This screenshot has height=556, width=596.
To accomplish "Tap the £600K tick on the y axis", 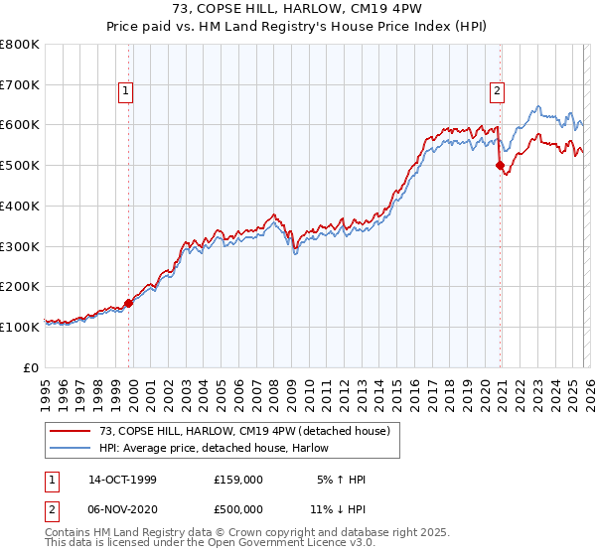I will click(20, 125).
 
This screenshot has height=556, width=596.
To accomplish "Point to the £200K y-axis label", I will click(20, 286).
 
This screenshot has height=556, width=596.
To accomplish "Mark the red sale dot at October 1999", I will click(129, 303).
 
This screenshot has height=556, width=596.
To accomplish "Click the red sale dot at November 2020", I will click(501, 166).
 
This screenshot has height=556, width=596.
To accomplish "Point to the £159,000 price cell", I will click(238, 480).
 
